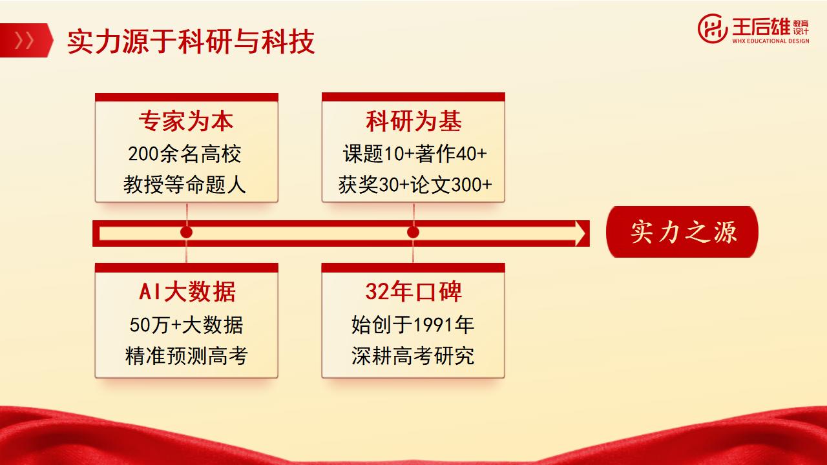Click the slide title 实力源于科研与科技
click(x=191, y=41)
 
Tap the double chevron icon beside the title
click(x=24, y=40)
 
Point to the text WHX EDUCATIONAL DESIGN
click(x=771, y=41)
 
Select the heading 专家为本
click(x=186, y=121)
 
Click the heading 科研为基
click(x=413, y=121)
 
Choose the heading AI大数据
click(x=187, y=291)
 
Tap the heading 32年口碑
click(x=413, y=291)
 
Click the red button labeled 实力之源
click(x=682, y=232)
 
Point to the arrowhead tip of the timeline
click(x=585, y=233)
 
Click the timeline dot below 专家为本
click(x=187, y=232)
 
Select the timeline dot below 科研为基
click(x=413, y=232)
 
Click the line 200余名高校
click(x=185, y=154)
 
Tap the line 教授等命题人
click(x=185, y=185)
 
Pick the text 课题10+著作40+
click(x=415, y=154)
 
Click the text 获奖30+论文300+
click(x=415, y=185)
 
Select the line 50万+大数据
click(x=187, y=325)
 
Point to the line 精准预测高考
click(x=187, y=356)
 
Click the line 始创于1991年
click(x=413, y=325)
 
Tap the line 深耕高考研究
click(x=413, y=356)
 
